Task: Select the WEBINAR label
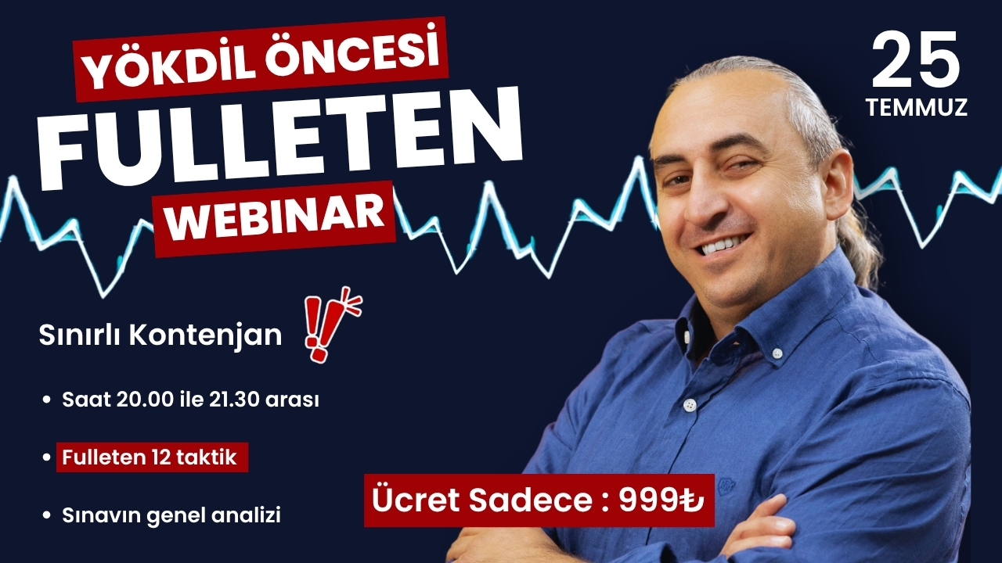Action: click(x=275, y=219)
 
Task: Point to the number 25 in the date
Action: click(x=916, y=61)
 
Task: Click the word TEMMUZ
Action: click(x=917, y=107)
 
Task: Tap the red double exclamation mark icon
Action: click(x=332, y=325)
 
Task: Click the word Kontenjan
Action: click(x=206, y=336)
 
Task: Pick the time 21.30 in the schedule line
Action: click(x=234, y=400)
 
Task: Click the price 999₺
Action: click(x=661, y=501)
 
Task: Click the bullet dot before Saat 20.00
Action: click(x=45, y=400)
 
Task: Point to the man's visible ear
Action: click(x=838, y=185)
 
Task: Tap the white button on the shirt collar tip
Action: click(x=777, y=353)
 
